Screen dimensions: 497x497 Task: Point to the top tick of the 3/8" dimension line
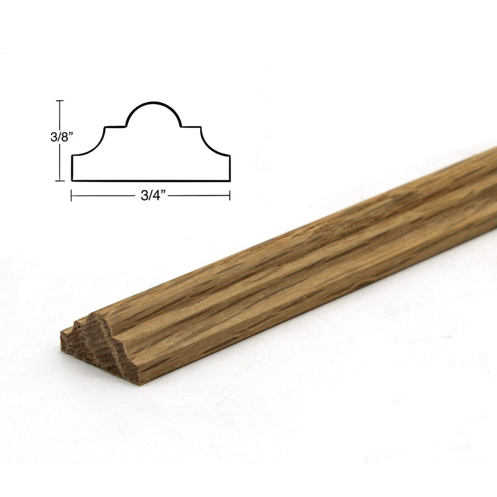(60, 101)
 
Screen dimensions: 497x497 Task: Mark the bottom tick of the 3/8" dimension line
(60, 180)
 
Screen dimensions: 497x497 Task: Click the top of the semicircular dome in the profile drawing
(154, 102)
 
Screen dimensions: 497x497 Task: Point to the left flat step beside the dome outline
(116, 127)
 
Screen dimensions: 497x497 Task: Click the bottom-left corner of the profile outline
(73, 180)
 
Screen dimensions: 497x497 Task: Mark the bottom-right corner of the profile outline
(230, 180)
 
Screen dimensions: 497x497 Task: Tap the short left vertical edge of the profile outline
(73, 168)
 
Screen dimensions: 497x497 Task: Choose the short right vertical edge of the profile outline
(230, 168)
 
